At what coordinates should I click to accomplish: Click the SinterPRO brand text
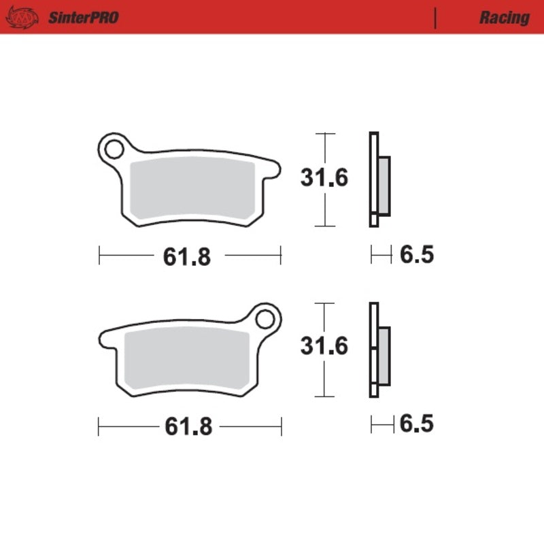[x=83, y=18]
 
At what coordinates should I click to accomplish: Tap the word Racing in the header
[x=504, y=18]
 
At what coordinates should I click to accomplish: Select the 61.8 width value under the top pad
[x=187, y=257]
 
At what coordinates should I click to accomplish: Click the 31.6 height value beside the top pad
[x=325, y=178]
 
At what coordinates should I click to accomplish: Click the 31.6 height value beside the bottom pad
[x=325, y=346]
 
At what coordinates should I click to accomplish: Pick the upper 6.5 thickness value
[x=417, y=256]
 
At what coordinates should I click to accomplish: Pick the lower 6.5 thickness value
[x=417, y=424]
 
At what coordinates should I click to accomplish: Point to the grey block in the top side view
[x=384, y=185]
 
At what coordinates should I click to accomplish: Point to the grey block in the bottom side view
[x=384, y=354]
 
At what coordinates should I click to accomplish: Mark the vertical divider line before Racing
[x=435, y=18]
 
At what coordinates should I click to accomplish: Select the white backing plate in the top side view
[x=373, y=179]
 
